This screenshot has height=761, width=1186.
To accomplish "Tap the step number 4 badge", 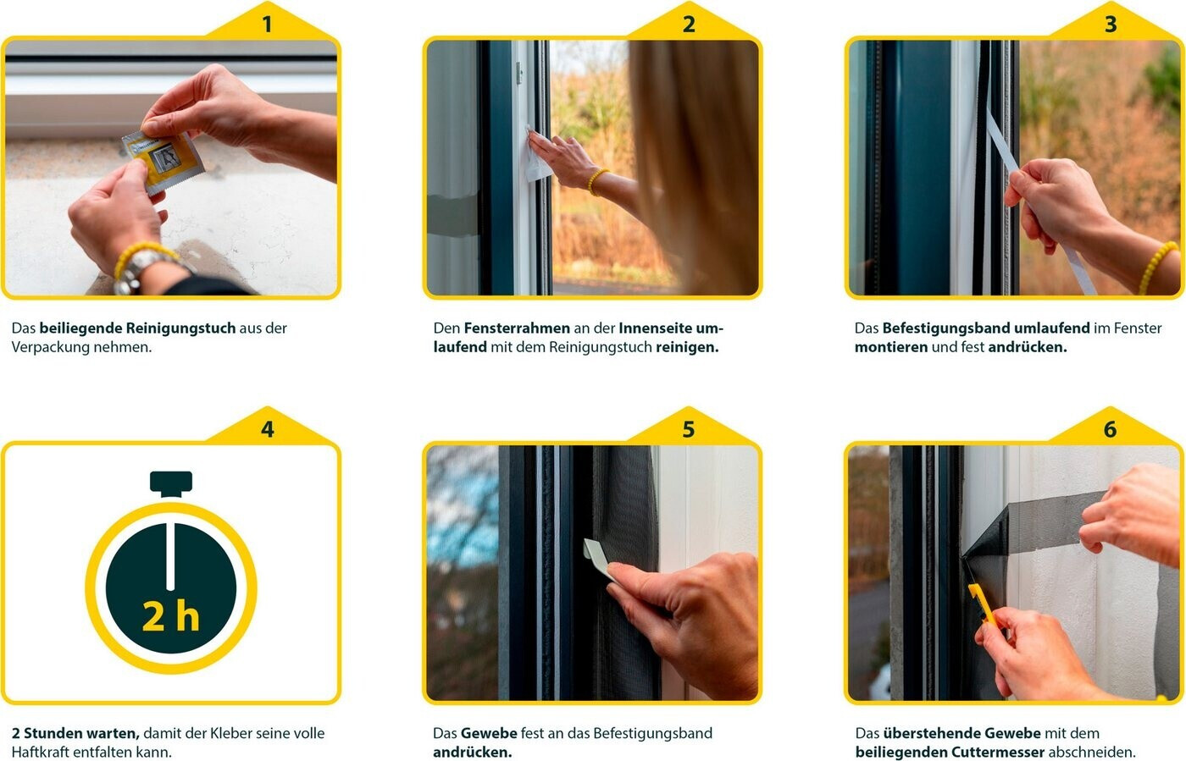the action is (267, 428).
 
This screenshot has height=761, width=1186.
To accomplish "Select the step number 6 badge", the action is (1110, 428).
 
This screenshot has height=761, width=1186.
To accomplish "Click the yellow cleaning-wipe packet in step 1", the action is (162, 162).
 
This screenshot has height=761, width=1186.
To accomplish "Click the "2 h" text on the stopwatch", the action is (170, 616).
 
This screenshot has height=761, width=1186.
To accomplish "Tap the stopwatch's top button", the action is (170, 483).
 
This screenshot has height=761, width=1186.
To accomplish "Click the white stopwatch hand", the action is (170, 557).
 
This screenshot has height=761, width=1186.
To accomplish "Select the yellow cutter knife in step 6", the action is (983, 604).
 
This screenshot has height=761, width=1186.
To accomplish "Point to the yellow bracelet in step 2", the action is (596, 181).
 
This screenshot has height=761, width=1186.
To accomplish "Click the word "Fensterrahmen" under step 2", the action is (517, 328).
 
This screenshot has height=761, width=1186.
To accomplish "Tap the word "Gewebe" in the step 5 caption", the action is (489, 733).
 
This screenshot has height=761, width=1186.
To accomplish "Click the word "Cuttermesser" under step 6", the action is (998, 752).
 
